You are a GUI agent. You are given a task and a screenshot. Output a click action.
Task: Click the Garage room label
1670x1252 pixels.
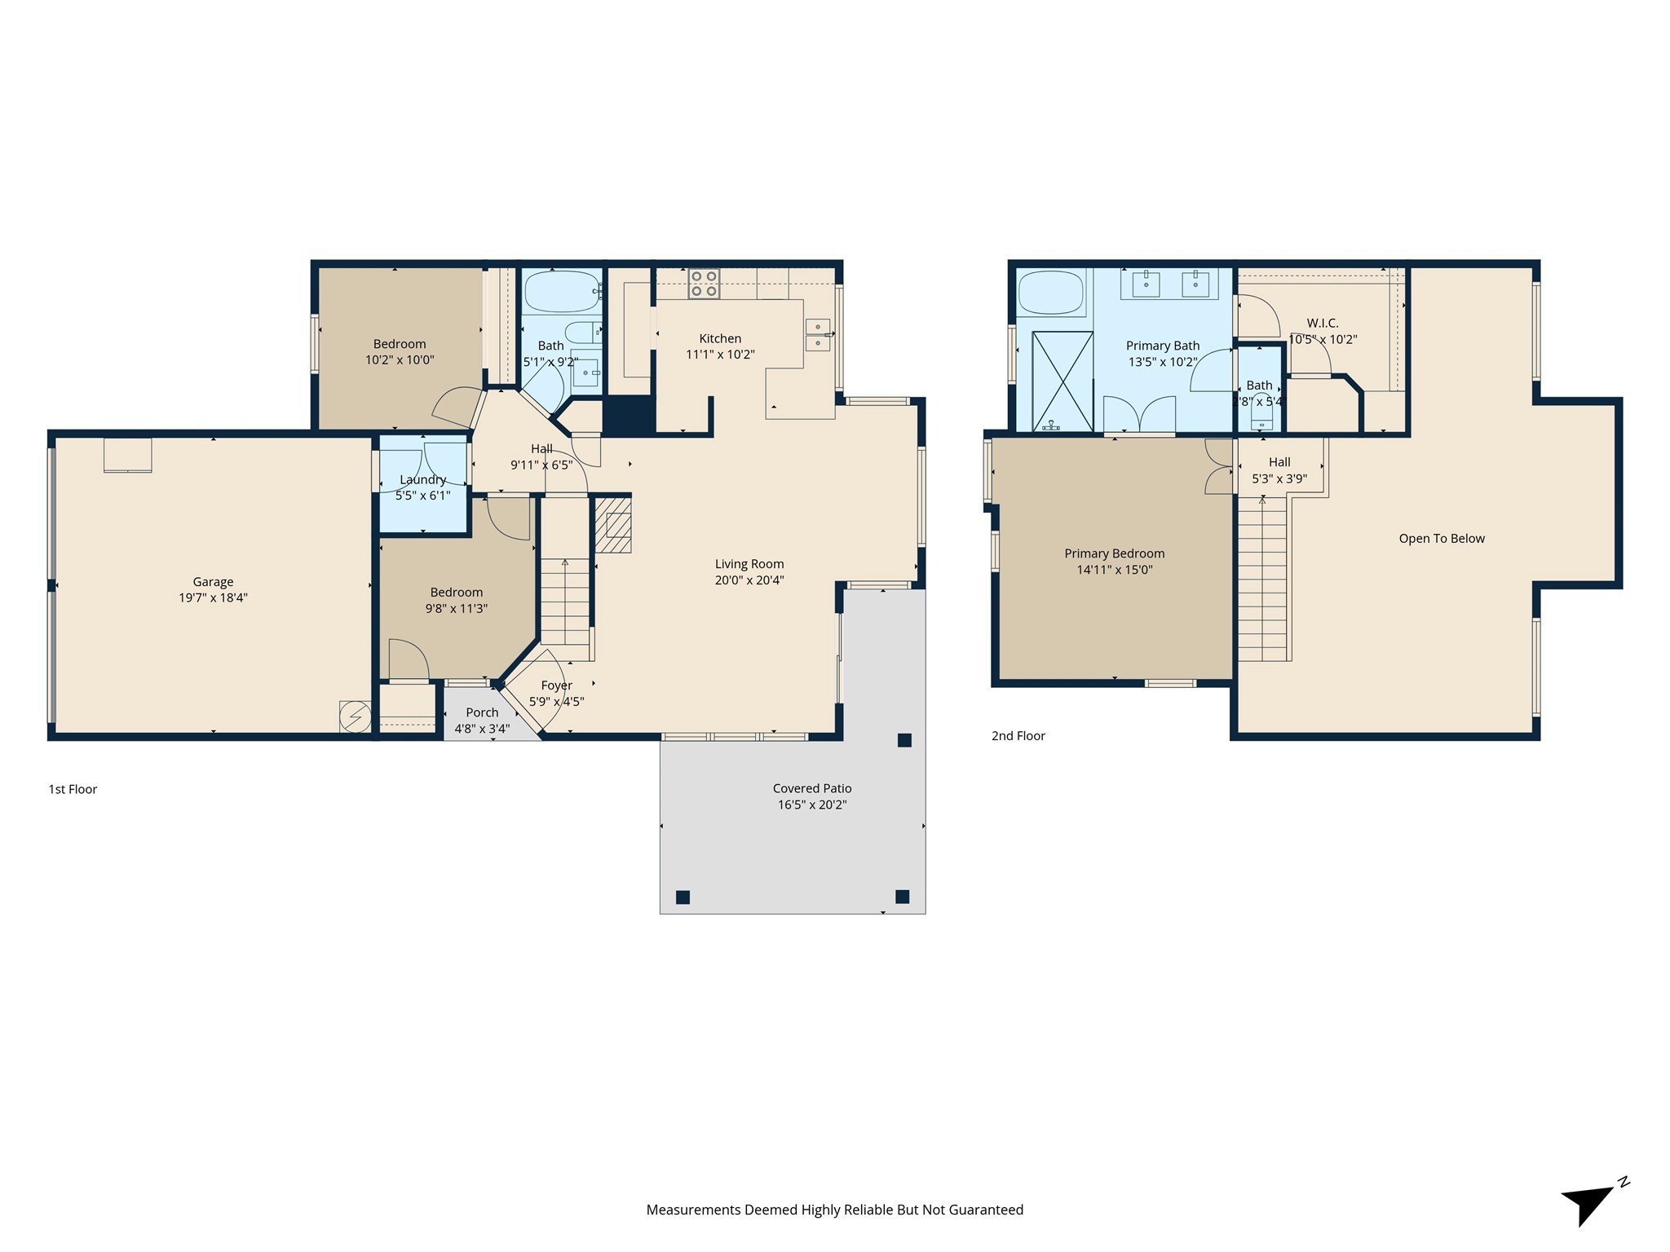point(213,582)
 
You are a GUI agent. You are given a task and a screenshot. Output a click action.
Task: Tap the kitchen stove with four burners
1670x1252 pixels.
point(704,284)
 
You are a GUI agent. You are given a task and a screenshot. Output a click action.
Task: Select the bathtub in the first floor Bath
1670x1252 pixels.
point(561,292)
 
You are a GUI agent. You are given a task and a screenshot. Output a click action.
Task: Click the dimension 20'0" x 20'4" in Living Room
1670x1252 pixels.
point(749,580)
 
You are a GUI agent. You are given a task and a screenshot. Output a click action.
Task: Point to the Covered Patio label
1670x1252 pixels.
point(812,788)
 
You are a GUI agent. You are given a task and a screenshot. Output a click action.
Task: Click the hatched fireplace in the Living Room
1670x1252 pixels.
point(612,526)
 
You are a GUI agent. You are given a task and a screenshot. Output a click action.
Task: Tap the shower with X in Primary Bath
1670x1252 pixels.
point(1063,381)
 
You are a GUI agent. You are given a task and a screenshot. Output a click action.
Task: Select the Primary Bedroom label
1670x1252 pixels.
point(1114,553)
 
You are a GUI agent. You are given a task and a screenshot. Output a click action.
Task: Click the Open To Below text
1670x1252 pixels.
point(1441,539)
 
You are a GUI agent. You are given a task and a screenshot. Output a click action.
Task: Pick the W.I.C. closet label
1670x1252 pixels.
point(1322,324)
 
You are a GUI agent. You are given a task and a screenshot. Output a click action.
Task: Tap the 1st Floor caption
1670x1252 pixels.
point(73,789)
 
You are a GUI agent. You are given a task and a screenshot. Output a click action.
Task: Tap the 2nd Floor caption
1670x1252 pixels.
point(1018,736)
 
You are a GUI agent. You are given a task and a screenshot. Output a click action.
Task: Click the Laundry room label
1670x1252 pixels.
point(422,479)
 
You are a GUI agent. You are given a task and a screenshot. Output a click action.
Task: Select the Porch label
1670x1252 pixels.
point(482,712)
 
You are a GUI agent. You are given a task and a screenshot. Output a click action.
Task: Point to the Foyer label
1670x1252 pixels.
point(556,686)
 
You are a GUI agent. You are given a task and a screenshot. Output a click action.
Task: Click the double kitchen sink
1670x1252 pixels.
point(818,334)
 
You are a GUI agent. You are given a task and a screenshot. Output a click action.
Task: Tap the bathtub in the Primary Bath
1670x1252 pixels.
point(1051,293)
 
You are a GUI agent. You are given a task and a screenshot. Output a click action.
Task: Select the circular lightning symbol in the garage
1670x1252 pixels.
point(356,717)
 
